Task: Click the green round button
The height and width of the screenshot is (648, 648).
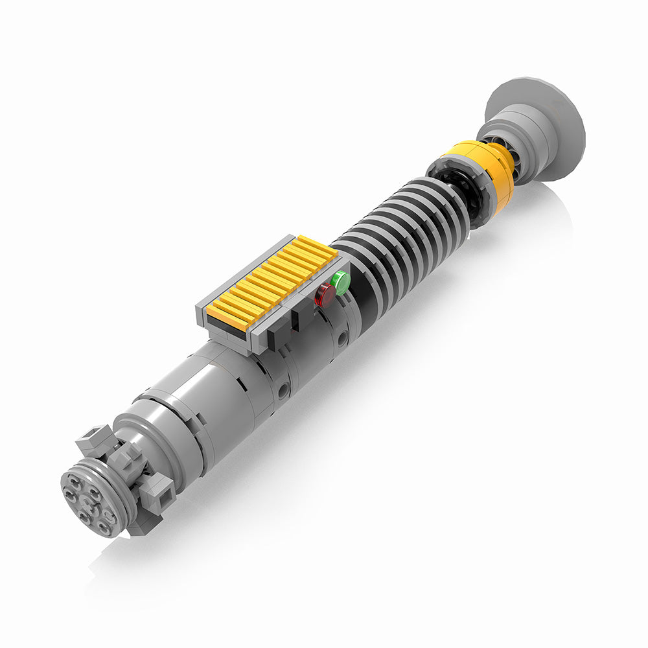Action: [341, 283]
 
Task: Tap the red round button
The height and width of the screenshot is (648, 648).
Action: [325, 295]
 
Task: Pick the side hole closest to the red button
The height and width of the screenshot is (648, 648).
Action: [341, 338]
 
